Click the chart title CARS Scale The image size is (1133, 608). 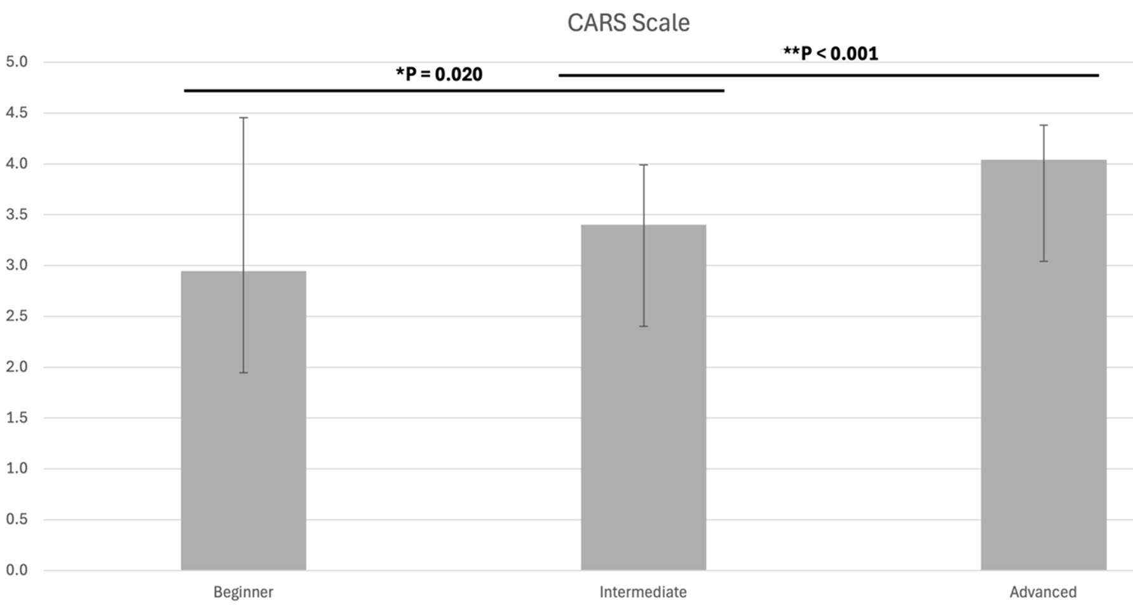pos(628,23)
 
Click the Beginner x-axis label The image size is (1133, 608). pos(243,592)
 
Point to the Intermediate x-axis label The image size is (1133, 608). pos(643,592)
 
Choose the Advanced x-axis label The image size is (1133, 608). pos(1043,592)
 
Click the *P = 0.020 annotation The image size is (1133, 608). pos(439,74)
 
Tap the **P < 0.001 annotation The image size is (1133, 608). pos(831,53)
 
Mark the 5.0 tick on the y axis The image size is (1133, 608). pos(17,62)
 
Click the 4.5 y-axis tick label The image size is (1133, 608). pos(17,113)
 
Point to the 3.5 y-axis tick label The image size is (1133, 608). pos(17,215)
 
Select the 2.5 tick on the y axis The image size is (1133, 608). pos(17,316)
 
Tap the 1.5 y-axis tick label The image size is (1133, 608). pos(17,418)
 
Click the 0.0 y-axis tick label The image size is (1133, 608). pos(17,571)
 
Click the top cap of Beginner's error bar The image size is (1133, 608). pos(243,118)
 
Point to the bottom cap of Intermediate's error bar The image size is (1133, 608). pos(643,326)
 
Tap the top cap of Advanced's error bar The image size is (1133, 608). pos(1043,125)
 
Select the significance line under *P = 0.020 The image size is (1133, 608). pos(454,91)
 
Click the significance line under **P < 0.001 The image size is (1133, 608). pos(828,76)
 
